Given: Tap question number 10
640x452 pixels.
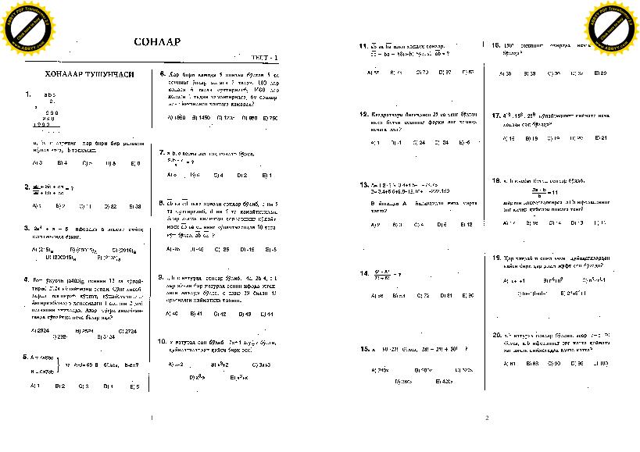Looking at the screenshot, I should (x=162, y=341).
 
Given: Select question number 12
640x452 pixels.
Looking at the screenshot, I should (x=363, y=114).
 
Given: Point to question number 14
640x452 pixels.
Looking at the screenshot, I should (x=363, y=273).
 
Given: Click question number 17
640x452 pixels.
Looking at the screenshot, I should (x=496, y=116).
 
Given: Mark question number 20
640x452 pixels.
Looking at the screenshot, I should (x=496, y=335).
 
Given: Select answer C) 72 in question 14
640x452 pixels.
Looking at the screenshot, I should (x=422, y=296).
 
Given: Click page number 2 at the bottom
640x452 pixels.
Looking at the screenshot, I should (x=486, y=418).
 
